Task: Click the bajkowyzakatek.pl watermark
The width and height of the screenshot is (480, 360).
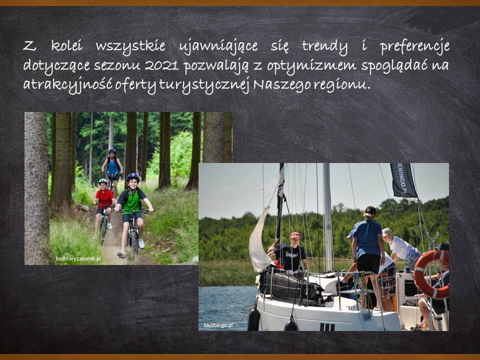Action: tap(78, 258)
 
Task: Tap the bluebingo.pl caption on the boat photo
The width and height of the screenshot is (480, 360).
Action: tap(218, 325)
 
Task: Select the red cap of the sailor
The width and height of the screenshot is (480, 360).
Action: tap(295, 235)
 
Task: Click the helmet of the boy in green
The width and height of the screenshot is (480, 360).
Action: tap(133, 177)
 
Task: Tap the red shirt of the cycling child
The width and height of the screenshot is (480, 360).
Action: tap(104, 198)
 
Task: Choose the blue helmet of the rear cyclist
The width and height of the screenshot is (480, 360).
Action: tap(112, 150)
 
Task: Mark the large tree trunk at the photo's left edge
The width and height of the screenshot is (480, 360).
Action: tap(36, 188)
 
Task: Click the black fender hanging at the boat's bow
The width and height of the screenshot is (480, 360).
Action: tap(253, 319)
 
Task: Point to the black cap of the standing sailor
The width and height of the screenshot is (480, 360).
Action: tap(370, 210)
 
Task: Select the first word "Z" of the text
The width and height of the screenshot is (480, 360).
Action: tap(29, 46)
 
